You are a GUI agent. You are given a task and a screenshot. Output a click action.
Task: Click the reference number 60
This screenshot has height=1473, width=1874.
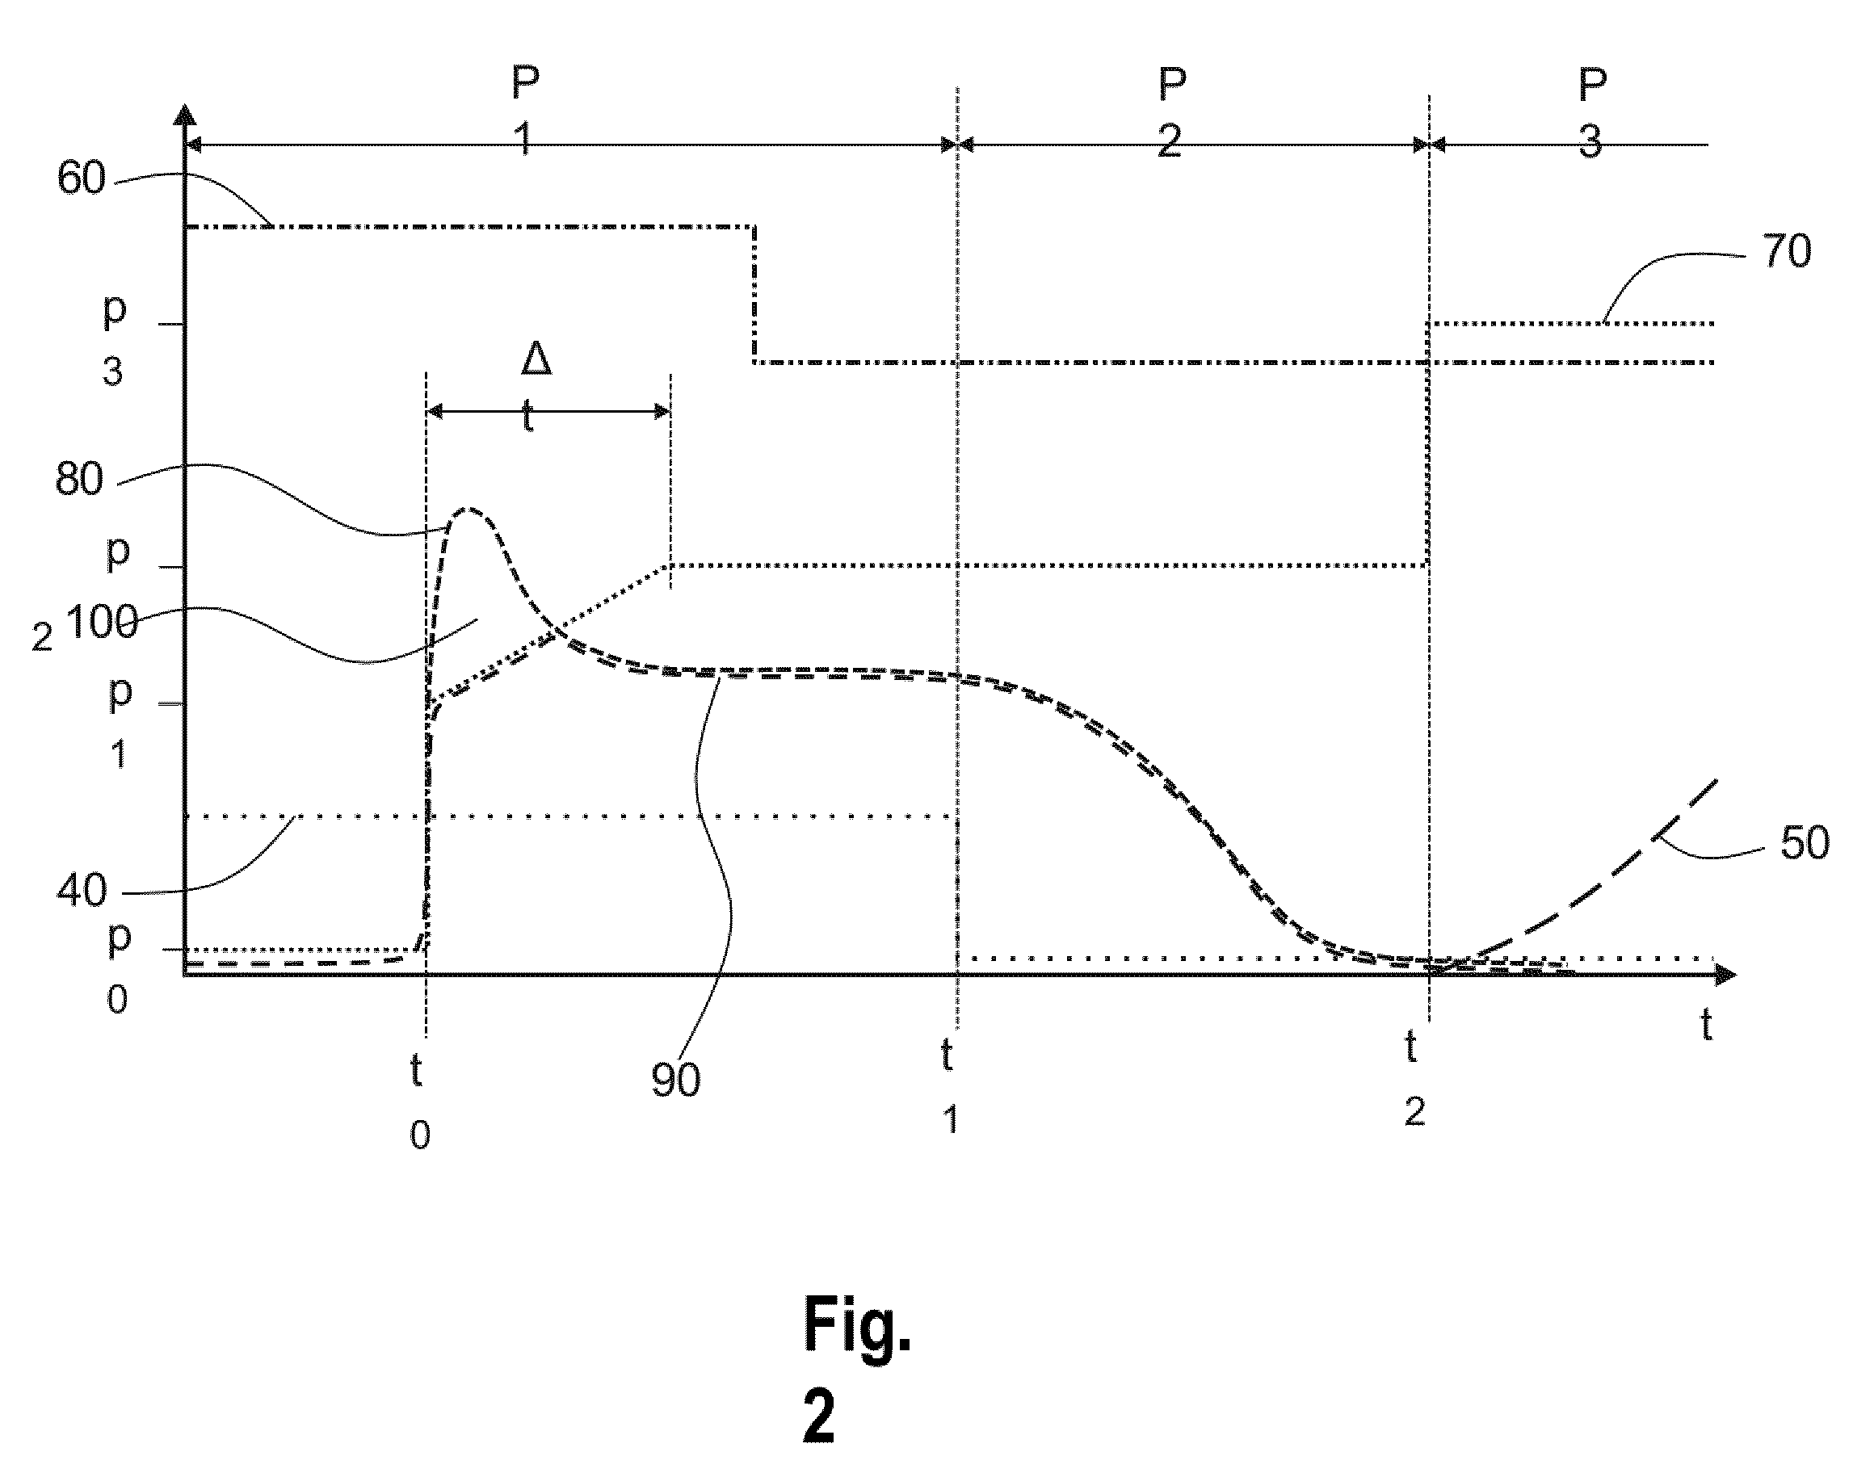pos(81,178)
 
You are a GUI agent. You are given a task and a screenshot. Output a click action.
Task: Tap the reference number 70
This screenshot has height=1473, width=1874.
pos(1786,252)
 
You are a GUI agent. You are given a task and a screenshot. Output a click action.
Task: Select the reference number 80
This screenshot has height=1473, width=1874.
pos(79,479)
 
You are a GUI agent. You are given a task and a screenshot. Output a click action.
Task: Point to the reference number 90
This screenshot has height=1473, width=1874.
pos(675,1080)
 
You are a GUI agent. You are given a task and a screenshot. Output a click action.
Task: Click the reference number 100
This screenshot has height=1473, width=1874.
pos(102,622)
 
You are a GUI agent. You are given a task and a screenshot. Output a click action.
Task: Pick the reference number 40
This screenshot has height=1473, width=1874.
pos(82,889)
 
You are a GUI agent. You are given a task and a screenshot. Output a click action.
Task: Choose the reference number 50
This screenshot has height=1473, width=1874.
pos(1805,842)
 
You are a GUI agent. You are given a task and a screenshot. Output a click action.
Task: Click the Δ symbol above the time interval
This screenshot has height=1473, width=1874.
pos(536,359)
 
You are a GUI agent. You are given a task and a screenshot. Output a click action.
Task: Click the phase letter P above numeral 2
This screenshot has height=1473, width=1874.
pos(1171,85)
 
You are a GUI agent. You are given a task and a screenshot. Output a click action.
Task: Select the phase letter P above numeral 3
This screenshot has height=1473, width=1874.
pos(1592,85)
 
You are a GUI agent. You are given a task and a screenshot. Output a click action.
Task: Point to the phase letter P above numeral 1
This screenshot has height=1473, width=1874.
pos(526,82)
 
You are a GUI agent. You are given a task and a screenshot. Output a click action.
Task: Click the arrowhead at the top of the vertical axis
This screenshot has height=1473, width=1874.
pos(184,115)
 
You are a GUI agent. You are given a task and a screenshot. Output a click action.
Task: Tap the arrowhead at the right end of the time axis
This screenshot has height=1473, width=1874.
pos(1724,974)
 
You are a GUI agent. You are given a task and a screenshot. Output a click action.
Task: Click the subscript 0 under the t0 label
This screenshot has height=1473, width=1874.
pos(420,1135)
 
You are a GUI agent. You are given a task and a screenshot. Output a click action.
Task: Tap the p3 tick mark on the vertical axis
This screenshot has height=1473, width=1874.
pos(171,325)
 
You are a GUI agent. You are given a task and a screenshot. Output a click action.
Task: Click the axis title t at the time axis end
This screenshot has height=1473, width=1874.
pos(1706,1025)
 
